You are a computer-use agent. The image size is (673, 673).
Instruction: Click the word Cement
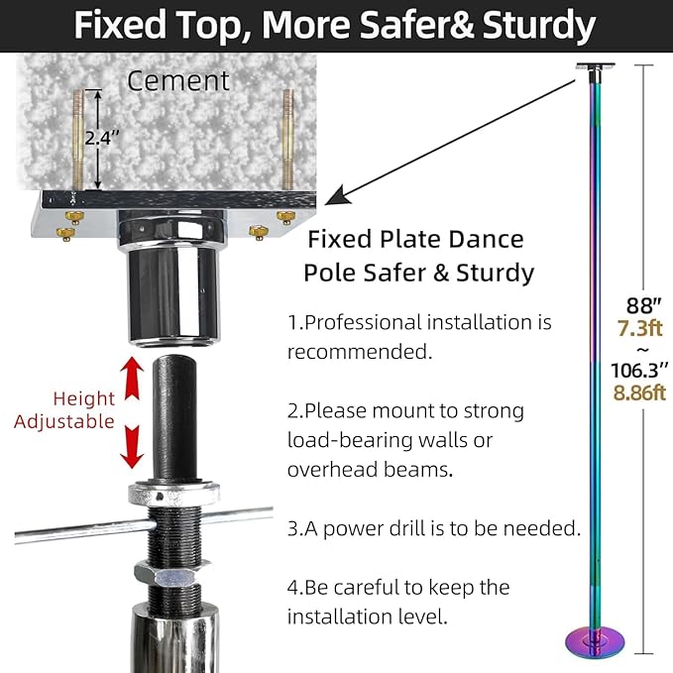[178, 80]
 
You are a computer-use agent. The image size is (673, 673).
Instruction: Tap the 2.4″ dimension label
[102, 138]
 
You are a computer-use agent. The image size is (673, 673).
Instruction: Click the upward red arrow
[132, 379]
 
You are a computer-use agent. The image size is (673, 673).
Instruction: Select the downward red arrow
[132, 446]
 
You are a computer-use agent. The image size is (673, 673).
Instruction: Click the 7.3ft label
[640, 328]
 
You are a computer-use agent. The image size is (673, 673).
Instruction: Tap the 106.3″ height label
[639, 370]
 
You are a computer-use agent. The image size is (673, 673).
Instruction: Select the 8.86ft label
[639, 393]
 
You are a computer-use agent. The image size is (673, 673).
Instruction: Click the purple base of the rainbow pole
[596, 642]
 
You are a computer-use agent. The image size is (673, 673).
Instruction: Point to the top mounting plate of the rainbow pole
[596, 66]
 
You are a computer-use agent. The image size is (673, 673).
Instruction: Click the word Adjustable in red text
[64, 422]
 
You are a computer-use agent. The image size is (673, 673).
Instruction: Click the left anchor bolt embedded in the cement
[78, 140]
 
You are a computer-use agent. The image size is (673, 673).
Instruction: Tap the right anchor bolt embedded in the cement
[288, 140]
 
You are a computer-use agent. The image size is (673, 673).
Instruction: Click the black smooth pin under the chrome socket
[174, 417]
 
